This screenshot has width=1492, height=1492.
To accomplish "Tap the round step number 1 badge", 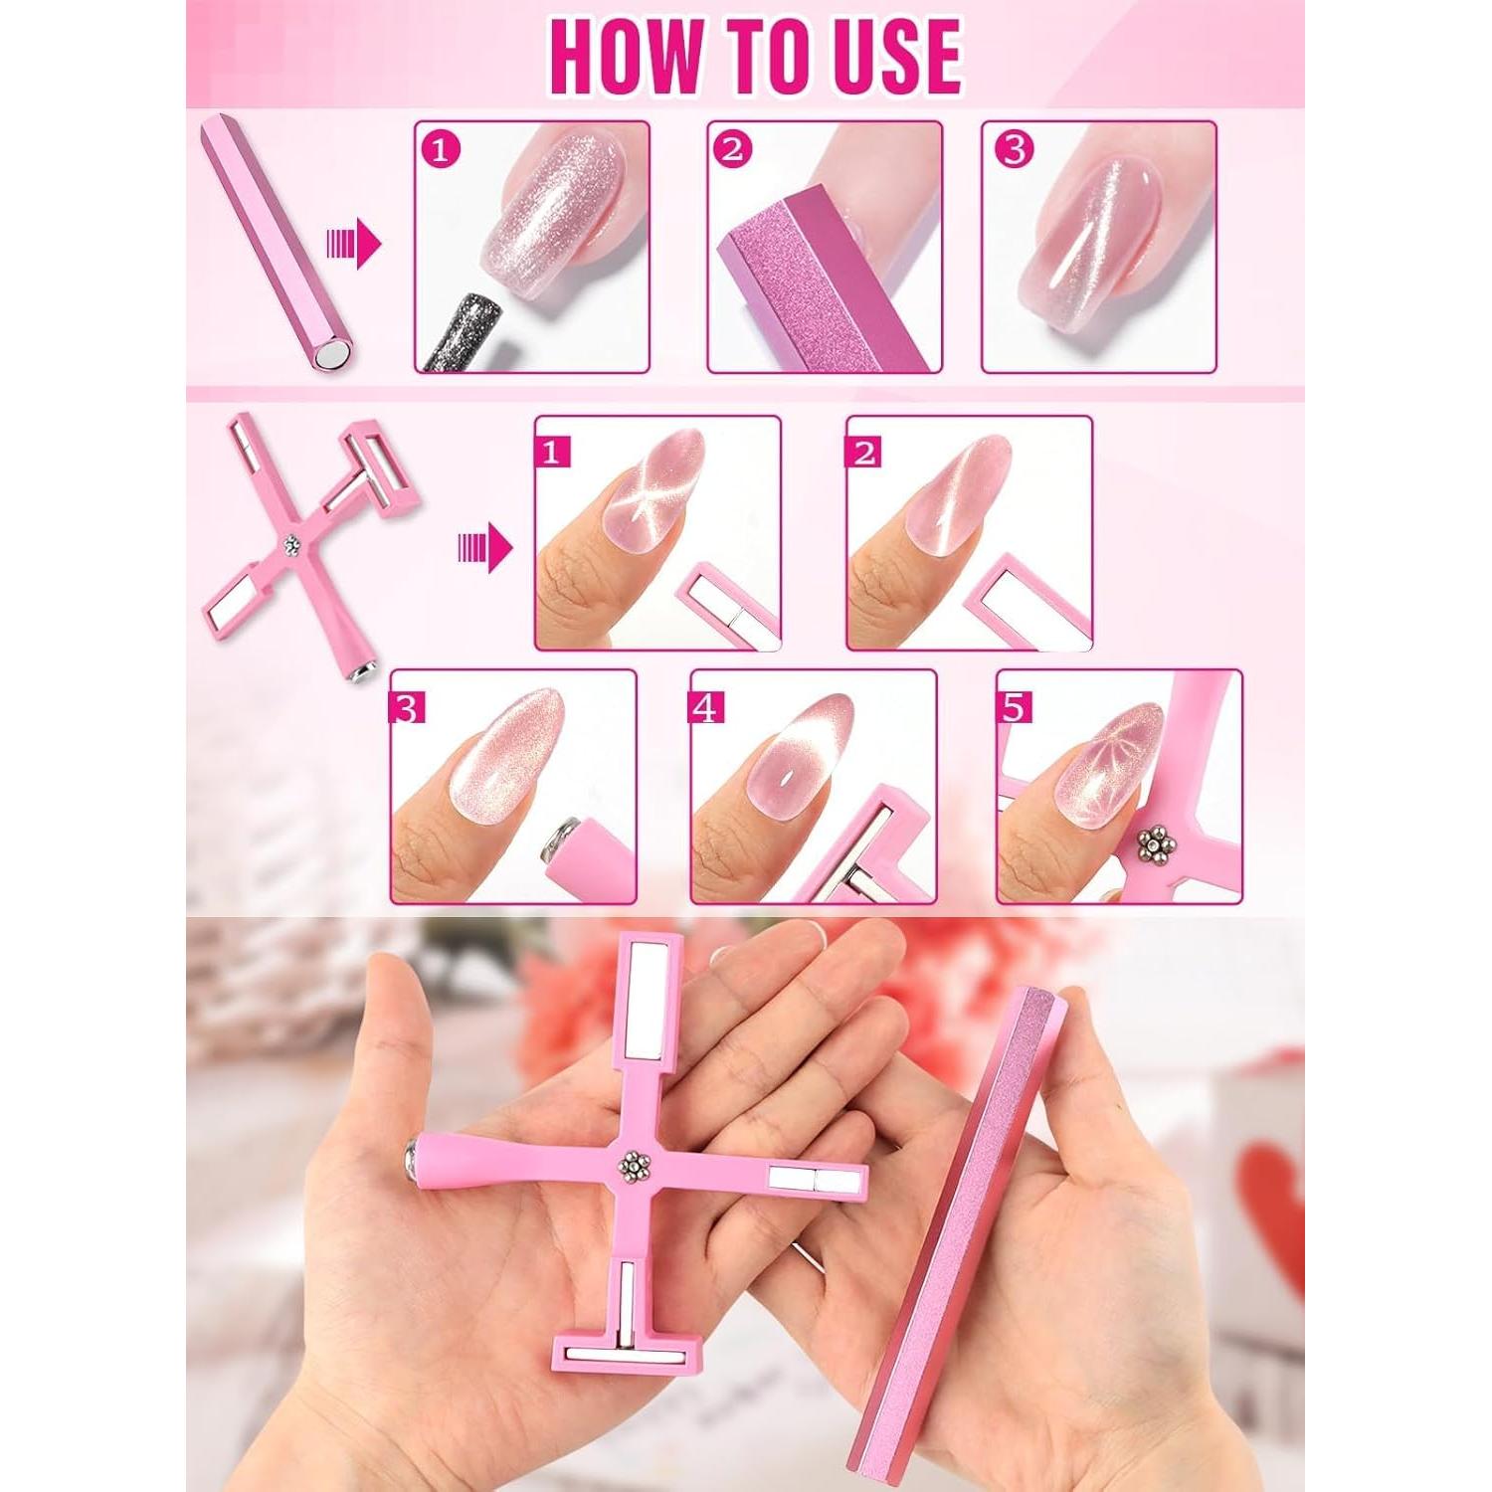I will pos(442,150).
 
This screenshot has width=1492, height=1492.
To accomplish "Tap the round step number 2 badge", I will pos(733,150).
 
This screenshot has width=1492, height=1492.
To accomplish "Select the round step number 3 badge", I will pos(1014,150).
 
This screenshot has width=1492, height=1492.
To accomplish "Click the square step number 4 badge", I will pos(705,707).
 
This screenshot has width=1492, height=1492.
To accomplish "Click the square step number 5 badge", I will pos(1014,707).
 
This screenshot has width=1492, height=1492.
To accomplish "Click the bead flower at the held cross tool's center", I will pos(633,1166).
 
